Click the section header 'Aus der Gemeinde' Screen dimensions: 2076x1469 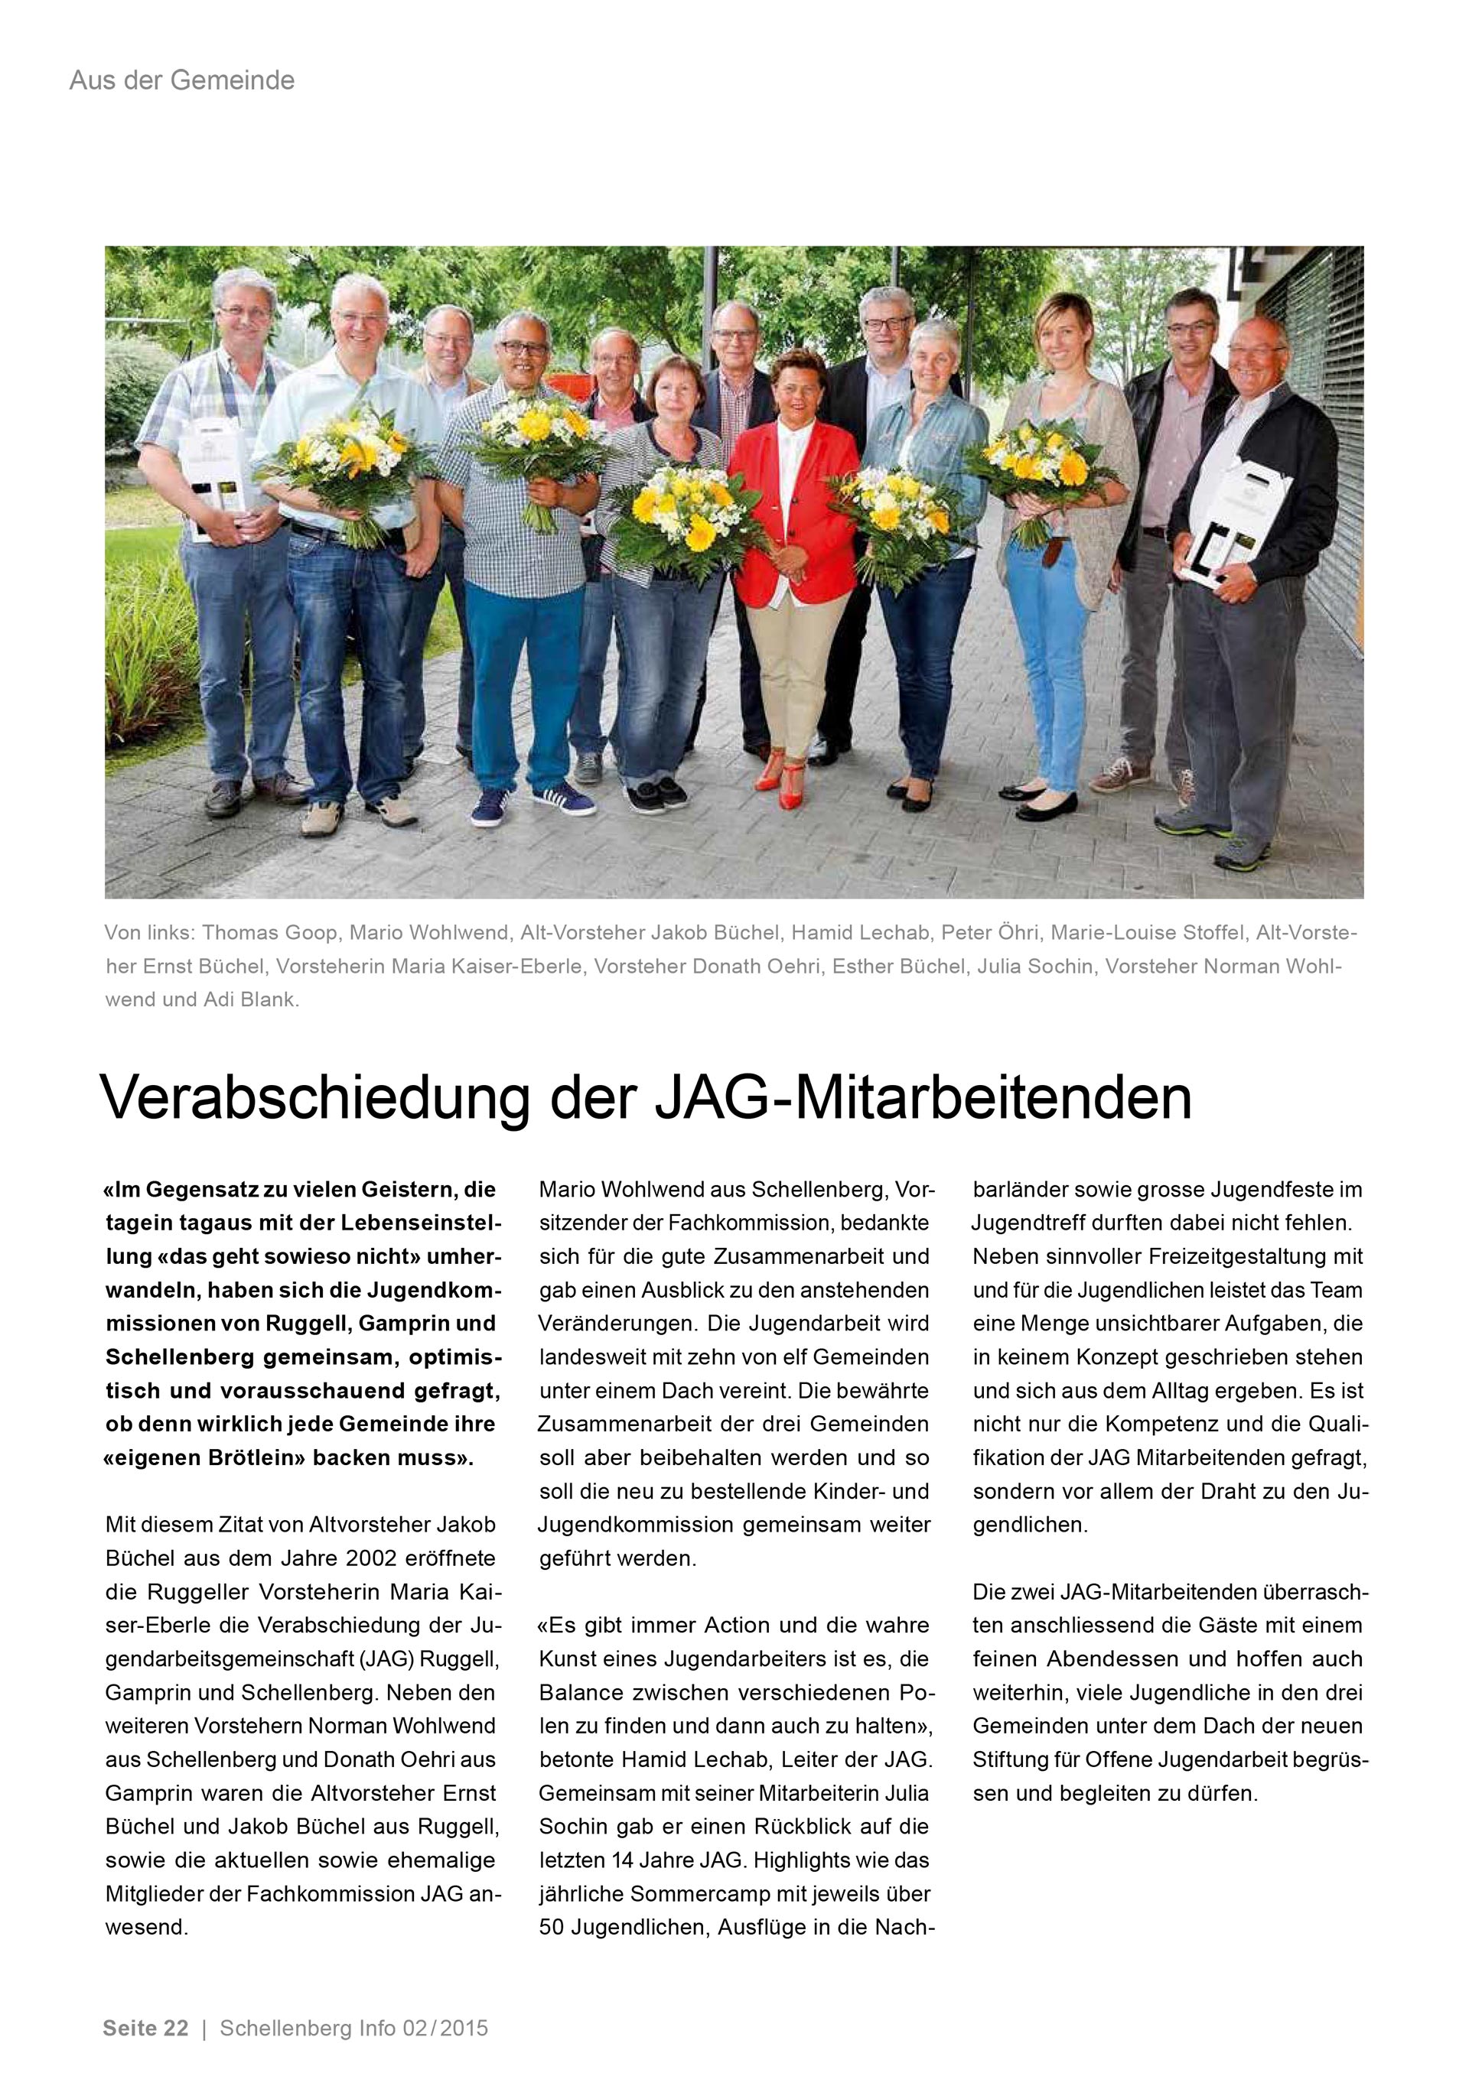coord(182,81)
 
